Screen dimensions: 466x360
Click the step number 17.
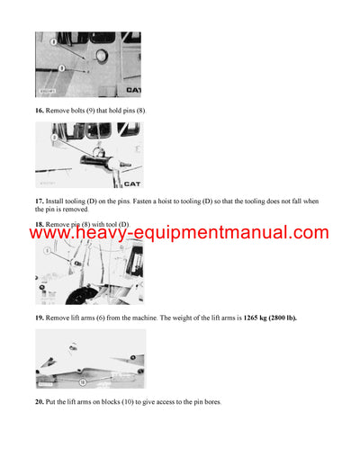click(x=40, y=200)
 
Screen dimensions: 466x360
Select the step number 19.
click(x=40, y=318)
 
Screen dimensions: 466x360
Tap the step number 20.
click(x=40, y=400)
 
